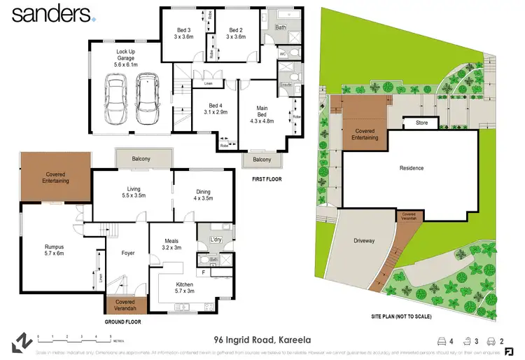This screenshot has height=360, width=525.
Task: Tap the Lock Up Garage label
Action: click(x=131, y=55)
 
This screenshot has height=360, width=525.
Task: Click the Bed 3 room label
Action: click(x=183, y=33)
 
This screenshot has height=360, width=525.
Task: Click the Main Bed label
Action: click(x=262, y=111)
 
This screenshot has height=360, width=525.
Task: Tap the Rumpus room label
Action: click(x=45, y=250)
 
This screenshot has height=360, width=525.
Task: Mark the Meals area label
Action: click(x=172, y=244)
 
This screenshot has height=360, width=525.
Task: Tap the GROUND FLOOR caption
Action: click(x=122, y=322)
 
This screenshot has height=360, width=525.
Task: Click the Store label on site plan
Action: click(x=421, y=123)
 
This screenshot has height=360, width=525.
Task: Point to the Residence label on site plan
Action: click(x=412, y=168)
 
